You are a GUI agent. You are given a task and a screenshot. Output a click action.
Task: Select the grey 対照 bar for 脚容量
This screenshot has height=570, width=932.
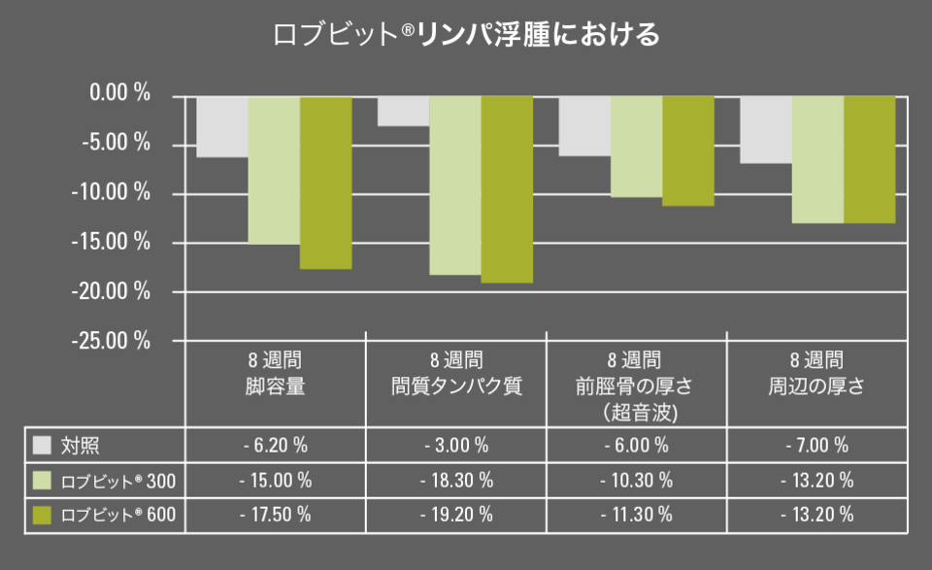(222, 126)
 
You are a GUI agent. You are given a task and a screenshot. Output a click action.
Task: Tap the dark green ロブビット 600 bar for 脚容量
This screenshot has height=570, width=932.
(325, 183)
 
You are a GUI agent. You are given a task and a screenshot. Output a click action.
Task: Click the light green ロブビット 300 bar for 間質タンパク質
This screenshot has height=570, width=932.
(455, 185)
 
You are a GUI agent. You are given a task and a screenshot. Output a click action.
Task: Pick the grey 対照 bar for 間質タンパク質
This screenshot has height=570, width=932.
(403, 111)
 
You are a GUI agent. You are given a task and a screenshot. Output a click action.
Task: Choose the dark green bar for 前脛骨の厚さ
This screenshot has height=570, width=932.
(687, 151)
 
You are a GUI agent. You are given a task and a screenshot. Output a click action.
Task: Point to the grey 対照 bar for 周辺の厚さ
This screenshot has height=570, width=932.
(766, 129)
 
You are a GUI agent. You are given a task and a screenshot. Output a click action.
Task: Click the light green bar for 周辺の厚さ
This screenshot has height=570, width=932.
(817, 159)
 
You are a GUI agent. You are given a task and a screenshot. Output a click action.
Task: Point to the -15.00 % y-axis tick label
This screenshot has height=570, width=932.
(116, 242)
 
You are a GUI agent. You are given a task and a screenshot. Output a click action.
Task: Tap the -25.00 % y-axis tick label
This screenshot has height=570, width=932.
(116, 341)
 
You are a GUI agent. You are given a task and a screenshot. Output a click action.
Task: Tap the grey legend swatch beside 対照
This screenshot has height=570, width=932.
(42, 446)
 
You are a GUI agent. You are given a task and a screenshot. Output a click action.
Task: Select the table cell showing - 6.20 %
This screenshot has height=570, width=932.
(276, 446)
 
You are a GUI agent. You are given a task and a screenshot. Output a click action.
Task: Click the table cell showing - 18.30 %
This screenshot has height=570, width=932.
(456, 481)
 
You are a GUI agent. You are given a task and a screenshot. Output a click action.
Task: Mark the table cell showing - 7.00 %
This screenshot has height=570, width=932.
(817, 446)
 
